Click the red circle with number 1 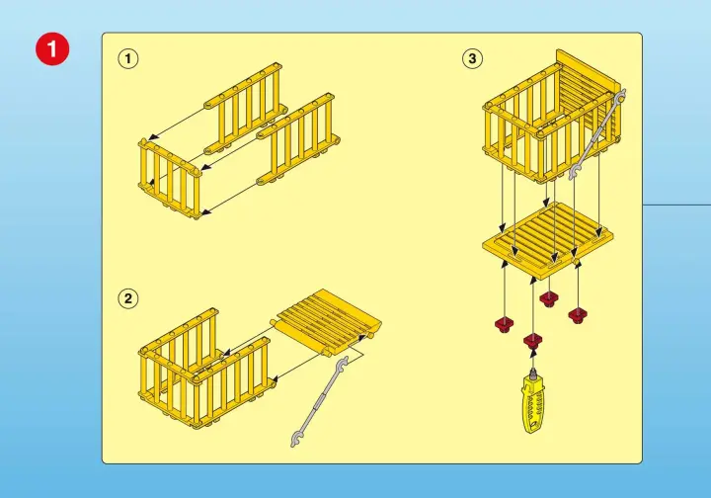tap(52, 48)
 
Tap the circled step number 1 tap(128, 58)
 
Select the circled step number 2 tap(128, 298)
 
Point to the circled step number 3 tap(472, 58)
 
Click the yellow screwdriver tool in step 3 tap(533, 399)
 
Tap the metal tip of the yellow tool tap(533, 372)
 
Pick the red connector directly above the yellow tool tap(533, 340)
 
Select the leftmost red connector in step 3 tap(505, 325)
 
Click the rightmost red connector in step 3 tap(578, 315)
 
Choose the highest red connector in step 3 tap(549, 298)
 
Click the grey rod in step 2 tap(319, 402)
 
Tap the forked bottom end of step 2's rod tap(295, 441)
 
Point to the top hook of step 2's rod tap(343, 363)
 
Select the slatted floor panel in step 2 tap(327, 323)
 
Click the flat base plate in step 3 tap(548, 240)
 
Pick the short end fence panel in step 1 tap(170, 180)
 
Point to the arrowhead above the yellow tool tap(533, 352)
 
